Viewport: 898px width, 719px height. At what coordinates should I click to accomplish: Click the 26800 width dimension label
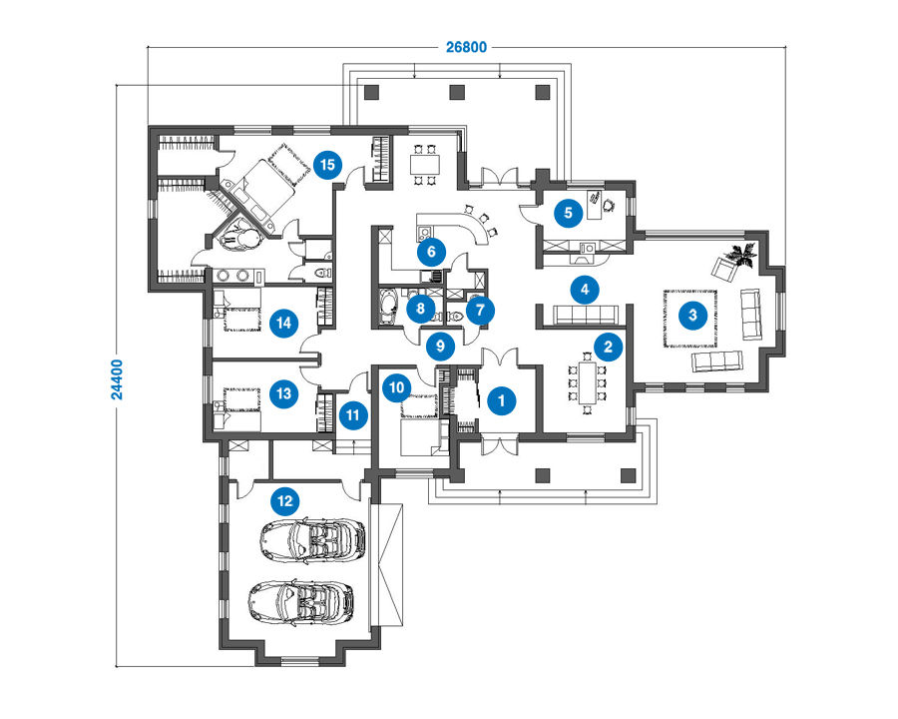click(x=466, y=47)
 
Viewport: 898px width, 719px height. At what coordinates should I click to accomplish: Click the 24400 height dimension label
click(x=117, y=379)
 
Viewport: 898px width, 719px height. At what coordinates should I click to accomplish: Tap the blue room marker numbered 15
click(x=327, y=165)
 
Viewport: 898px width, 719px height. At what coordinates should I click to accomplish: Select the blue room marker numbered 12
click(x=284, y=501)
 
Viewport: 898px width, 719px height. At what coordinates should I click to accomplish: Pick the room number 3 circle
click(x=693, y=315)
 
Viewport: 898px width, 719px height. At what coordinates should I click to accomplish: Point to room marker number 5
click(x=568, y=213)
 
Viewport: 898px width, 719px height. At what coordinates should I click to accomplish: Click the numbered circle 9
click(x=440, y=346)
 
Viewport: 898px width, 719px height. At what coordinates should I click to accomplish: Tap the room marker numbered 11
click(x=353, y=415)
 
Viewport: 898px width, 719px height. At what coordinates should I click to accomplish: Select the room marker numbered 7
click(x=480, y=311)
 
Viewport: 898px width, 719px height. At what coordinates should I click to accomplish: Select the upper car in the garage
click(x=312, y=539)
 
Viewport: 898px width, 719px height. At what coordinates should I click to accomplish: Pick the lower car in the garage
click(x=300, y=601)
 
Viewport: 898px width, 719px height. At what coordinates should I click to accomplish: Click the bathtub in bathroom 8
click(x=389, y=306)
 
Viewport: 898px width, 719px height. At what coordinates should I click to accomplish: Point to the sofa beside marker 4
click(x=586, y=315)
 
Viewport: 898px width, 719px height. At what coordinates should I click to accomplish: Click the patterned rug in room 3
click(x=690, y=319)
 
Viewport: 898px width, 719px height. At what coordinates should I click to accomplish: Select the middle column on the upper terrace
click(x=456, y=92)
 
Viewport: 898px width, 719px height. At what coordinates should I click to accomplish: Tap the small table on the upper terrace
click(x=425, y=165)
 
